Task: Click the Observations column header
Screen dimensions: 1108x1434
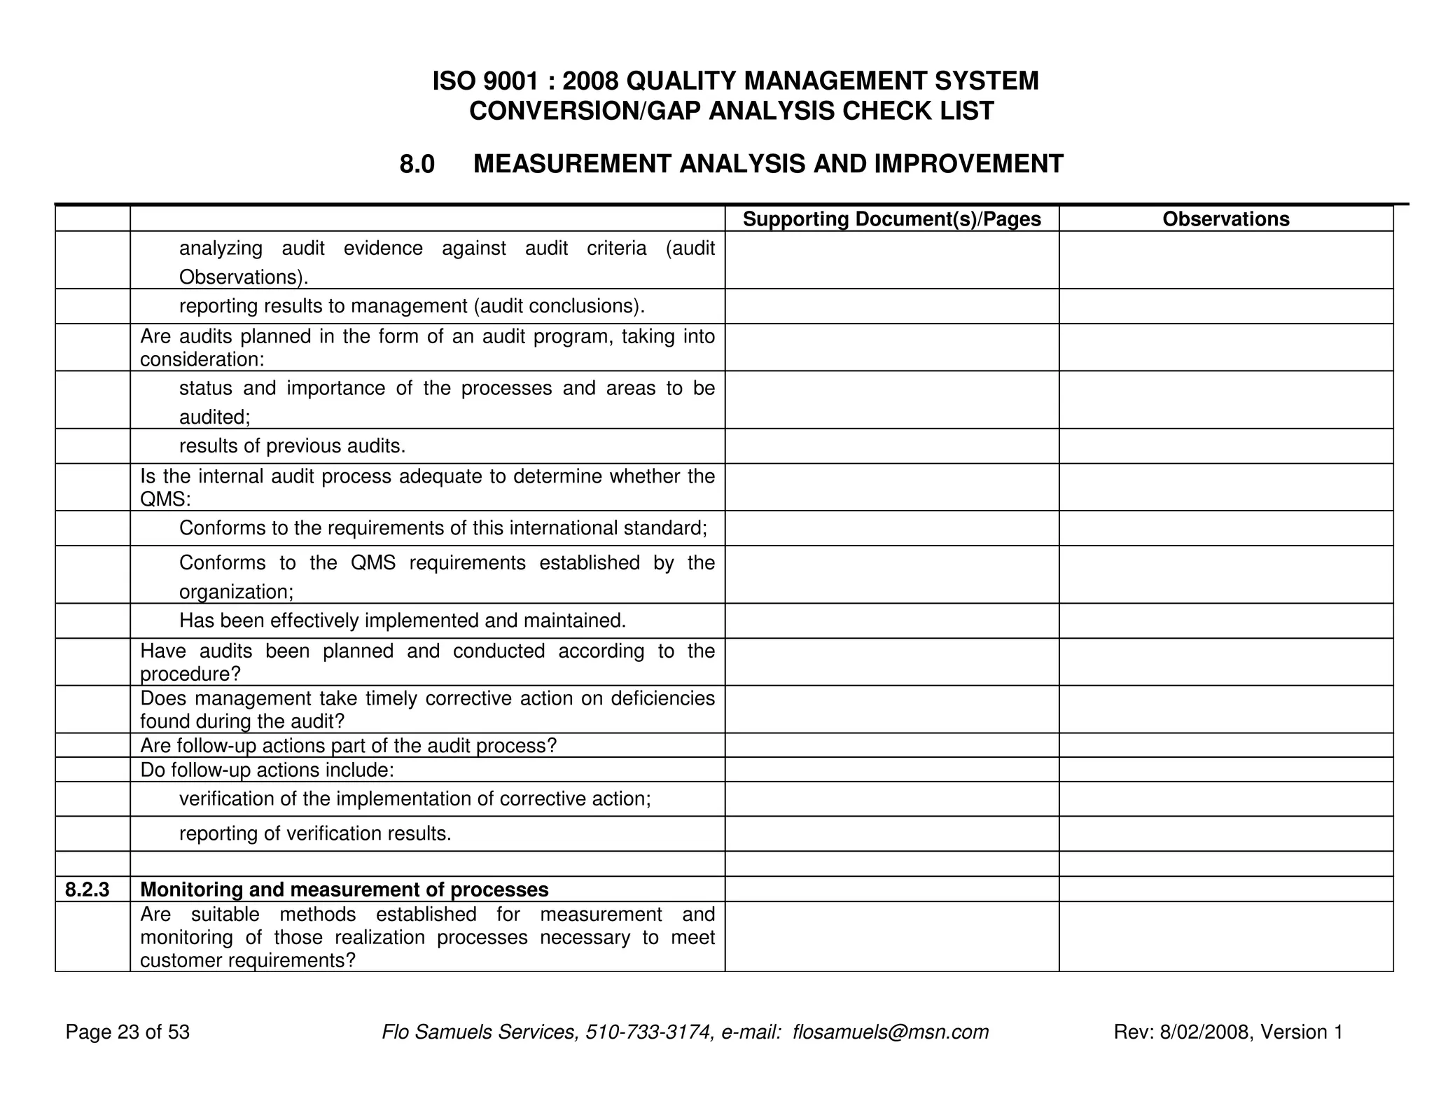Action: tap(1225, 219)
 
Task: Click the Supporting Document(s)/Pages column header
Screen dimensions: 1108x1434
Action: tap(891, 219)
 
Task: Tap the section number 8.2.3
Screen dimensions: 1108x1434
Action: tap(88, 889)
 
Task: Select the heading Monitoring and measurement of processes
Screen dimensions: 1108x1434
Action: tap(344, 889)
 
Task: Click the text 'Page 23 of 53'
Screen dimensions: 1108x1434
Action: tap(127, 1032)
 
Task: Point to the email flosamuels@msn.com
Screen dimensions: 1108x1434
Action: tap(891, 1032)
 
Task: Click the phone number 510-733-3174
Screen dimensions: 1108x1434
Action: tap(648, 1032)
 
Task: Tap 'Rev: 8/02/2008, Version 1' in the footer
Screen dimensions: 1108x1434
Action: tap(1228, 1032)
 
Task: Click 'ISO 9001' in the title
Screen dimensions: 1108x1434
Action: tap(485, 81)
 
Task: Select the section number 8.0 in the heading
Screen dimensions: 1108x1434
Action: tap(417, 165)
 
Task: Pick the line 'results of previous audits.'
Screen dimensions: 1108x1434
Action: tap(292, 446)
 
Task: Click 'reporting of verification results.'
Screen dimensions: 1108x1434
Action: tap(315, 833)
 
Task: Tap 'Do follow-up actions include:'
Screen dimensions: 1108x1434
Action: tap(267, 770)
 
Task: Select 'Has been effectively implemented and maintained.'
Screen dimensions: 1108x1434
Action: tap(403, 621)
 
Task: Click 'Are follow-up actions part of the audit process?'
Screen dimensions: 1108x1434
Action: tap(348, 745)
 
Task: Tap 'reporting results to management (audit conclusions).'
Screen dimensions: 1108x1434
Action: tap(412, 306)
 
